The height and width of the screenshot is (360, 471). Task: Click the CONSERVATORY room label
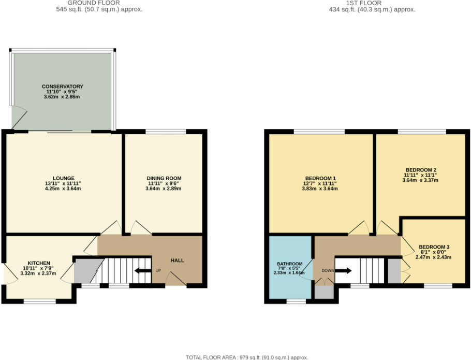click(63, 87)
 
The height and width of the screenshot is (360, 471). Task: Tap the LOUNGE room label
click(63, 178)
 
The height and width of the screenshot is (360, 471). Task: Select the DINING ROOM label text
click(164, 178)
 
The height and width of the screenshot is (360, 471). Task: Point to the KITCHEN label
click(39, 263)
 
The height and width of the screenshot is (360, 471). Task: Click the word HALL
click(178, 261)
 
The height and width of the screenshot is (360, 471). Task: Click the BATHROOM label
click(289, 263)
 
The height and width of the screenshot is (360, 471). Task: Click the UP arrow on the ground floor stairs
click(140, 270)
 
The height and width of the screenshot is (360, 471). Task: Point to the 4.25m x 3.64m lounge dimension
click(63, 189)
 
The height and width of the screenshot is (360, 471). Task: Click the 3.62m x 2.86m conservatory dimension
click(63, 97)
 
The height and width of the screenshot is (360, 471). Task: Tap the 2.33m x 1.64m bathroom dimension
click(289, 273)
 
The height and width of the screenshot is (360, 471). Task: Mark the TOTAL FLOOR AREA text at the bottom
click(247, 357)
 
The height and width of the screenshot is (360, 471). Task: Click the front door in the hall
click(176, 280)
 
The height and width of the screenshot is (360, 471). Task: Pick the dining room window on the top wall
click(165, 132)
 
